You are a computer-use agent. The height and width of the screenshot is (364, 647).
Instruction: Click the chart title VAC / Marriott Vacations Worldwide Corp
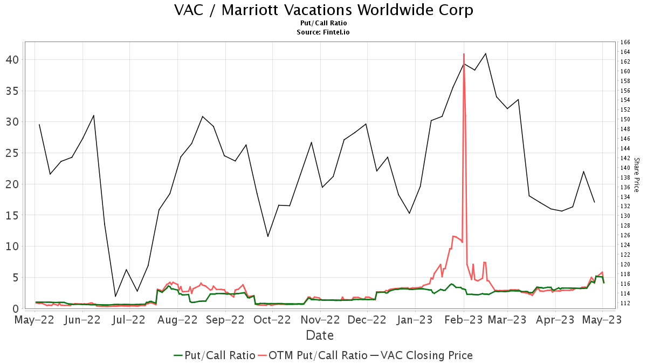(x=323, y=10)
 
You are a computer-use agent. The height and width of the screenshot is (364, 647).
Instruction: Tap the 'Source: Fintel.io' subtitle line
(x=323, y=32)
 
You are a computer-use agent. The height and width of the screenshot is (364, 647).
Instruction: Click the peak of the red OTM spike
(x=464, y=54)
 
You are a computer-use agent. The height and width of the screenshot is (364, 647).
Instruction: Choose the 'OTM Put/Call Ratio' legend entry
(x=313, y=355)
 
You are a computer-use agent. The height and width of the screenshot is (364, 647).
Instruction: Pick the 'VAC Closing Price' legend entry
(x=421, y=355)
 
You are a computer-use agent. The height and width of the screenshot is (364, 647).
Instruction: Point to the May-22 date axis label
(x=36, y=320)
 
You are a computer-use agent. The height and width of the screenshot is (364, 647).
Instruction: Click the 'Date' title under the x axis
(x=320, y=335)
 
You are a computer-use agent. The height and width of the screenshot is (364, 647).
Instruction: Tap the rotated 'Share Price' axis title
(x=636, y=175)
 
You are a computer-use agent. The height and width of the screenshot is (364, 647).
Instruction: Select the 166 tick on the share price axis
(x=625, y=42)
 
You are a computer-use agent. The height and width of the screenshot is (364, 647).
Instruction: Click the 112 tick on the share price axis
(x=625, y=303)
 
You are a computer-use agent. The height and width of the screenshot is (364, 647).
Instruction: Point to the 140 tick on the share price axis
(x=625, y=168)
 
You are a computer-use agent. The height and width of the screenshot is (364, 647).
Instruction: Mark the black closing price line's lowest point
(x=115, y=296)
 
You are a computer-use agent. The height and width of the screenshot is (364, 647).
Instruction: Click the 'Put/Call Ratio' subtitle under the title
(x=323, y=24)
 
